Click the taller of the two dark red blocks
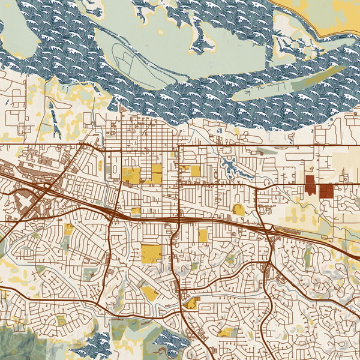coord(310,184)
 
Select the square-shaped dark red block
coord(327,191)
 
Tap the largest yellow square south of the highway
coord(151,253)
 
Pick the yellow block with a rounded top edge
coord(238,209)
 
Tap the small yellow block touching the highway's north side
coord(136,211)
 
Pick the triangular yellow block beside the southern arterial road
coord(192,304)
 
